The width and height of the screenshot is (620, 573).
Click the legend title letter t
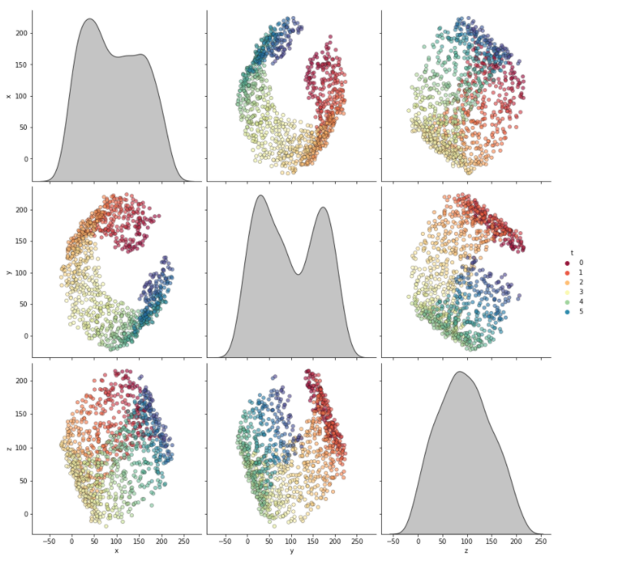[571, 253]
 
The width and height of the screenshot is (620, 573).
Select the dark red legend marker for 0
[567, 263]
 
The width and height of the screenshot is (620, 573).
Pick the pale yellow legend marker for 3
[567, 292]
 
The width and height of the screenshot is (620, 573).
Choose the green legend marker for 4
[567, 302]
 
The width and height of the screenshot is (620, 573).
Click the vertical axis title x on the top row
[8, 96]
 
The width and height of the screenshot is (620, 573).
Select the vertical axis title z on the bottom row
[8, 447]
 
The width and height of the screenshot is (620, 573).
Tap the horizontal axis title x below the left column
[116, 551]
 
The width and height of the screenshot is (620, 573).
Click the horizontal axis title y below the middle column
[291, 551]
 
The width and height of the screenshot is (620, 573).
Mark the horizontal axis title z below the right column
[466, 551]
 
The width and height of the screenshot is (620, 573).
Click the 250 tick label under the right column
[540, 541]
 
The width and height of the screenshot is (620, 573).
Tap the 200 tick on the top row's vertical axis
[21, 33]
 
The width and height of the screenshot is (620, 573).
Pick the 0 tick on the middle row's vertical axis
[25, 336]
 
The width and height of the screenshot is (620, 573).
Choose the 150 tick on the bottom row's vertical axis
[21, 414]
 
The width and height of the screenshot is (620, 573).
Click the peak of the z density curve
[459, 372]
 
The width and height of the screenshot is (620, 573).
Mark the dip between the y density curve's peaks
[298, 273]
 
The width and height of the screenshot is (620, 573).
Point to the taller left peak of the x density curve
[90, 19]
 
